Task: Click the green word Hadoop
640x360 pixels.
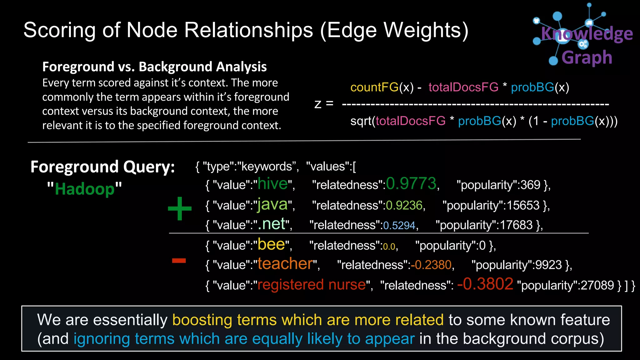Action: click(x=85, y=189)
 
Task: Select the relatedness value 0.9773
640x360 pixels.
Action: click(x=411, y=183)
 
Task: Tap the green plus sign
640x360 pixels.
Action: click(x=180, y=208)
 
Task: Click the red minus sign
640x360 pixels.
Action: click(x=179, y=260)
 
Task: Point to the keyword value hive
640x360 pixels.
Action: click(x=272, y=183)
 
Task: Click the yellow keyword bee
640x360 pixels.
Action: click(x=271, y=245)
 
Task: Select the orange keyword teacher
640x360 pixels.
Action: click(x=285, y=264)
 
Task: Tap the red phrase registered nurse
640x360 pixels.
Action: click(x=311, y=285)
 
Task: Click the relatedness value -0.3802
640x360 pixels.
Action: click(x=485, y=284)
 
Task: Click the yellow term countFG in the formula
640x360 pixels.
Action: click(x=374, y=87)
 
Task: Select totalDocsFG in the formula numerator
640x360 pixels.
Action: click(x=463, y=87)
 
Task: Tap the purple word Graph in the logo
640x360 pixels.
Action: click(x=587, y=57)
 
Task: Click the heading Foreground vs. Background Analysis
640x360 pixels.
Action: click(x=154, y=67)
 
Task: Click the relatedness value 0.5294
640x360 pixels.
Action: click(x=399, y=225)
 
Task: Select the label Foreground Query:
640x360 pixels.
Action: click(x=102, y=167)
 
